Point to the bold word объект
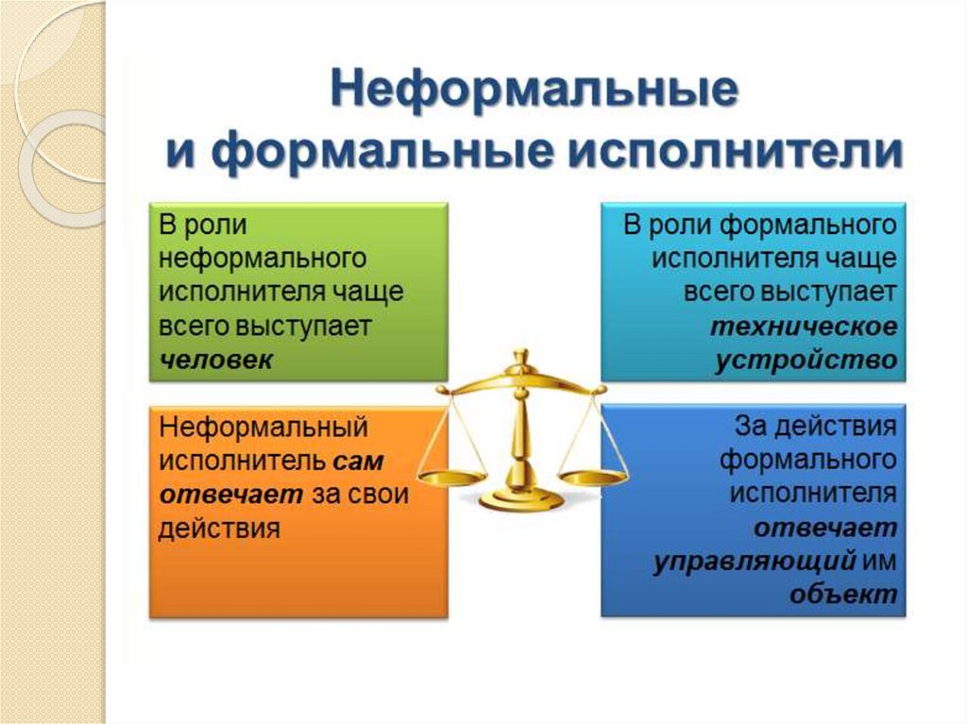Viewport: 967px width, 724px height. coord(842,595)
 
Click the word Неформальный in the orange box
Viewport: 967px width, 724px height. coord(263,428)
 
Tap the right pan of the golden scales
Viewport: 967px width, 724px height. coord(592,475)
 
